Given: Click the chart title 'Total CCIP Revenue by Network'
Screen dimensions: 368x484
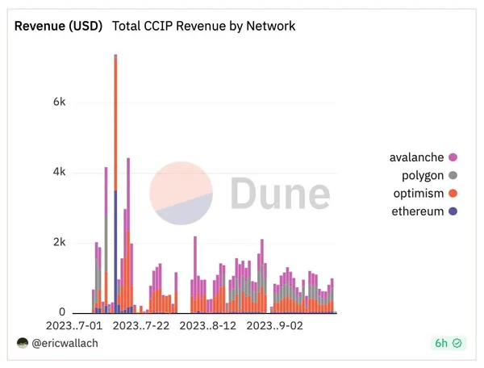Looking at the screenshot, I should point(203,26).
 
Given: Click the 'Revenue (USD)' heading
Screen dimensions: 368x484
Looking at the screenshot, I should point(59,26).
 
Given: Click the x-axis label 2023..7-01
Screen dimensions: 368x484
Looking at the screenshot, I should point(74,326).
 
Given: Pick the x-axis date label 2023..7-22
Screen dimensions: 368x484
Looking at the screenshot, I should point(141,326).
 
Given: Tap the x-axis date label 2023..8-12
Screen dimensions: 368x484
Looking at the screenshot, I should point(208,326).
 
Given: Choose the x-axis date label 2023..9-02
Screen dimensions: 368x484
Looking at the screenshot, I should point(275,326).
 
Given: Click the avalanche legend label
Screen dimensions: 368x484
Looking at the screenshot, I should point(416,157).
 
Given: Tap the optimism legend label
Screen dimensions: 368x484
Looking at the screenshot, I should point(417,194).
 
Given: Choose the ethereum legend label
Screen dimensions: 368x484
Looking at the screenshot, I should point(416,212).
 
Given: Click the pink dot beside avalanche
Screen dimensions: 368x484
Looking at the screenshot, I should point(453,157).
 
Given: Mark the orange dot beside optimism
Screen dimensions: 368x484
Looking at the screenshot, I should point(453,194).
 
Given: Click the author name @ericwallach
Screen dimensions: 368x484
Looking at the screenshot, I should point(61,343).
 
